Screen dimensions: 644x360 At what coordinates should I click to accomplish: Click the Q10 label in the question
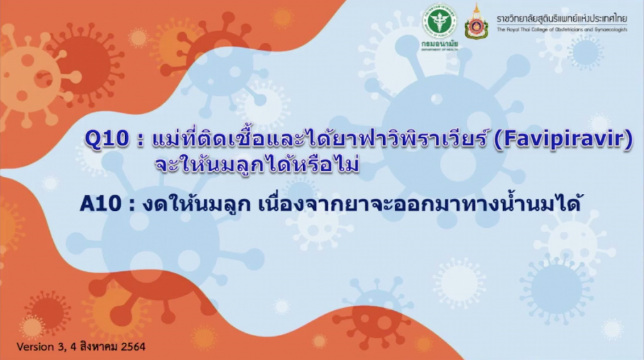pyautogui.click(x=106, y=139)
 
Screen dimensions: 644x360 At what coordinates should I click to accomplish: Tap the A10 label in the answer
pyautogui.click(x=101, y=203)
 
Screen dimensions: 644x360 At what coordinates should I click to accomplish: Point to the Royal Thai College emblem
pyautogui.click(x=477, y=23)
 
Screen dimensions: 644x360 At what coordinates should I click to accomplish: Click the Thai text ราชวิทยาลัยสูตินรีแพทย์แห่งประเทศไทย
pyautogui.click(x=562, y=19)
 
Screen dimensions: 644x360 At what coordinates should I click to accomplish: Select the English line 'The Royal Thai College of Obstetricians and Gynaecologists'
pyautogui.click(x=562, y=30)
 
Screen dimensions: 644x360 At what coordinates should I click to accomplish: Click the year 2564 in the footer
pyautogui.click(x=133, y=347)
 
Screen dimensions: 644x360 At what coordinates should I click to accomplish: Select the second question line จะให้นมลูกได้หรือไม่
pyautogui.click(x=257, y=165)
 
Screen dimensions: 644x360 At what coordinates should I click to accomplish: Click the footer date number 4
pyautogui.click(x=74, y=347)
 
